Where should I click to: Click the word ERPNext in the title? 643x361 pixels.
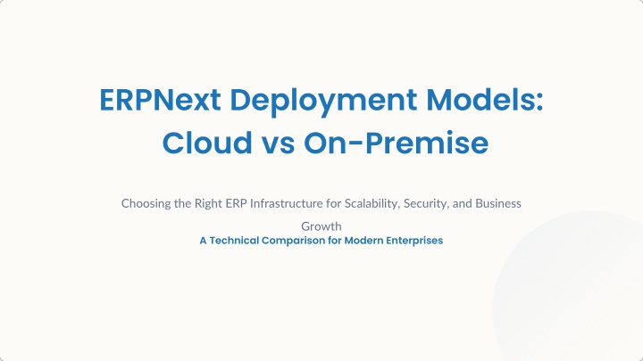(161, 100)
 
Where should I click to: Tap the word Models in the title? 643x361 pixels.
(480, 99)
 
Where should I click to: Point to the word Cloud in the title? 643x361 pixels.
(207, 142)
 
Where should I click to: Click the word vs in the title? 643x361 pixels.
(278, 144)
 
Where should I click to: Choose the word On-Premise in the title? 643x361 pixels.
(397, 143)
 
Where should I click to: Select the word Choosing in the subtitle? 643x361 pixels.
(146, 204)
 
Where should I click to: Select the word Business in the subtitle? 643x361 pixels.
(498, 203)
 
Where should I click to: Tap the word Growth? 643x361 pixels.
(321, 226)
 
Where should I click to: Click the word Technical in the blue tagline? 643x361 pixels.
(234, 241)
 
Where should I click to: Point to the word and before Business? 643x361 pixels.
(463, 203)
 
